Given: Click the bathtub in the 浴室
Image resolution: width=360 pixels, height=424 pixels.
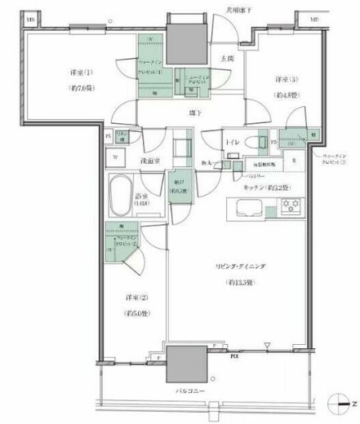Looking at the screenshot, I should coord(125,194).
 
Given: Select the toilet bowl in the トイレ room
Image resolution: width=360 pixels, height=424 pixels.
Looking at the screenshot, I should coord(260,143).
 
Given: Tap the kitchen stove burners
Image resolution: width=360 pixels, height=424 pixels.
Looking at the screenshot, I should coord(291,206).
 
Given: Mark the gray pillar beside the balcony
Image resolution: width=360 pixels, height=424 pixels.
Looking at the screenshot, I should coord(185,363).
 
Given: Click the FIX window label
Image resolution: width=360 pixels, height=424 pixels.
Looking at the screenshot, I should coord(235,356).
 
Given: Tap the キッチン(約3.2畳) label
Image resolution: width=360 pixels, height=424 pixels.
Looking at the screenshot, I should coord(260,186).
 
